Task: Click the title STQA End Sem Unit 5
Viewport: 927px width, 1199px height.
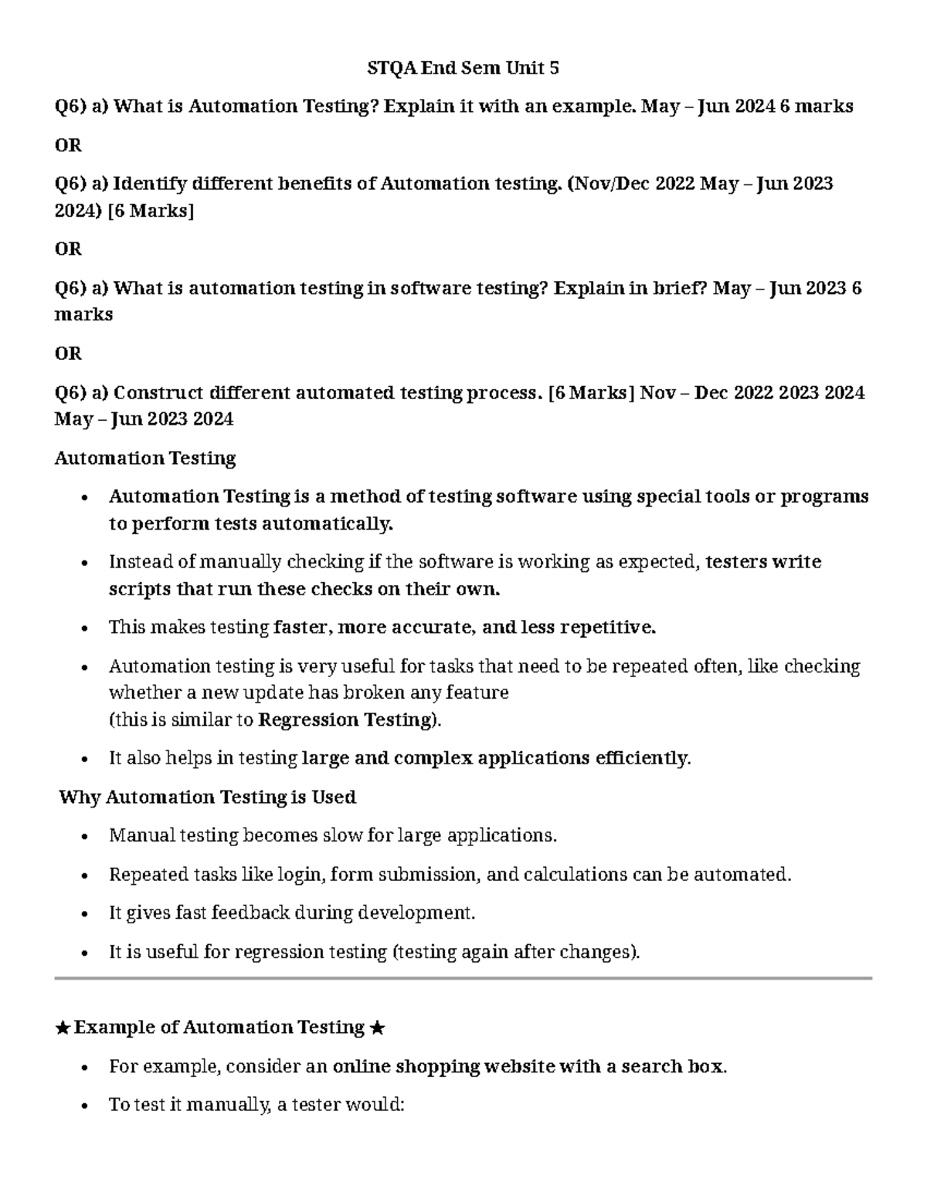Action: (463, 69)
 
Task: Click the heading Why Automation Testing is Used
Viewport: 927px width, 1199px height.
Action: (208, 797)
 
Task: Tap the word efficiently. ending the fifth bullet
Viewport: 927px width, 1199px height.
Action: (643, 758)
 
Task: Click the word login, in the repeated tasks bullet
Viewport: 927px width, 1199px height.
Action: (302, 875)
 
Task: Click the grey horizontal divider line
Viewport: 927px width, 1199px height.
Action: (463, 978)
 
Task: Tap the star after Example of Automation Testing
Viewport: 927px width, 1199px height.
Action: (377, 1028)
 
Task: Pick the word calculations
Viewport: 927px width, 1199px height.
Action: (575, 875)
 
